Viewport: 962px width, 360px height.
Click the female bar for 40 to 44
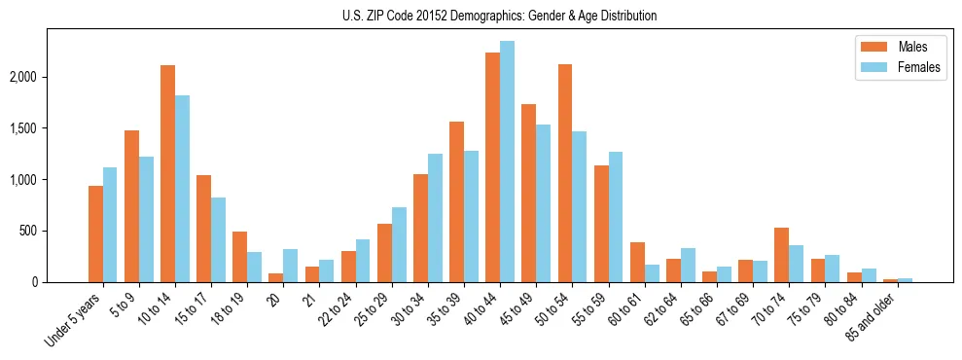click(507, 162)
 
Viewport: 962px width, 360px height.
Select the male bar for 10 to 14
click(167, 173)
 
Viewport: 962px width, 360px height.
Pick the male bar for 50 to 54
click(565, 173)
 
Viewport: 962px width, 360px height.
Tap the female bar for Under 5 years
click(110, 225)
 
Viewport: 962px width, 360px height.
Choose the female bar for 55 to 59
click(616, 217)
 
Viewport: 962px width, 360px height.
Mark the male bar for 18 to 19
click(239, 257)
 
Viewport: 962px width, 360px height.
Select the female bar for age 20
click(290, 266)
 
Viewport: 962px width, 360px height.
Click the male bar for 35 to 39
click(456, 201)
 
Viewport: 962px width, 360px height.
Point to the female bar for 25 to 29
click(399, 244)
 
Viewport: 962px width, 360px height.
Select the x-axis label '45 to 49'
click(522, 309)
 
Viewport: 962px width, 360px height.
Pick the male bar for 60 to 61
click(637, 262)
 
